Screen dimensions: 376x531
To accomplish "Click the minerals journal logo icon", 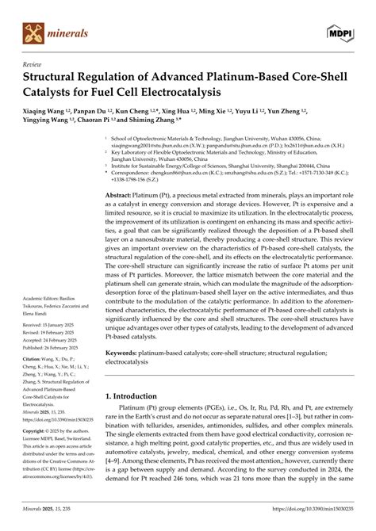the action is point(32,32).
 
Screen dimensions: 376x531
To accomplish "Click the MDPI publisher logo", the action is point(341,31).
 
